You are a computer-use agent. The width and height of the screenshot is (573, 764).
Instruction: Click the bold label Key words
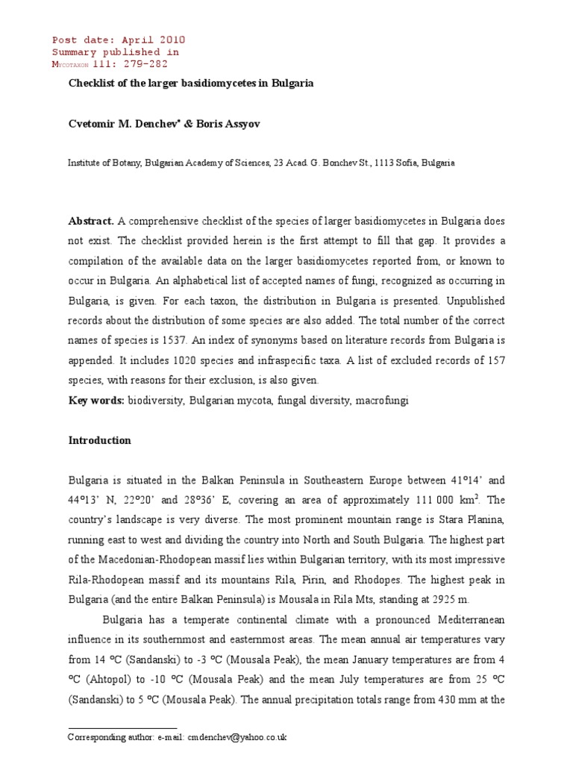96,401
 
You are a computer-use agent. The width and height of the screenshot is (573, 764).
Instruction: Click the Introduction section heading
99,440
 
